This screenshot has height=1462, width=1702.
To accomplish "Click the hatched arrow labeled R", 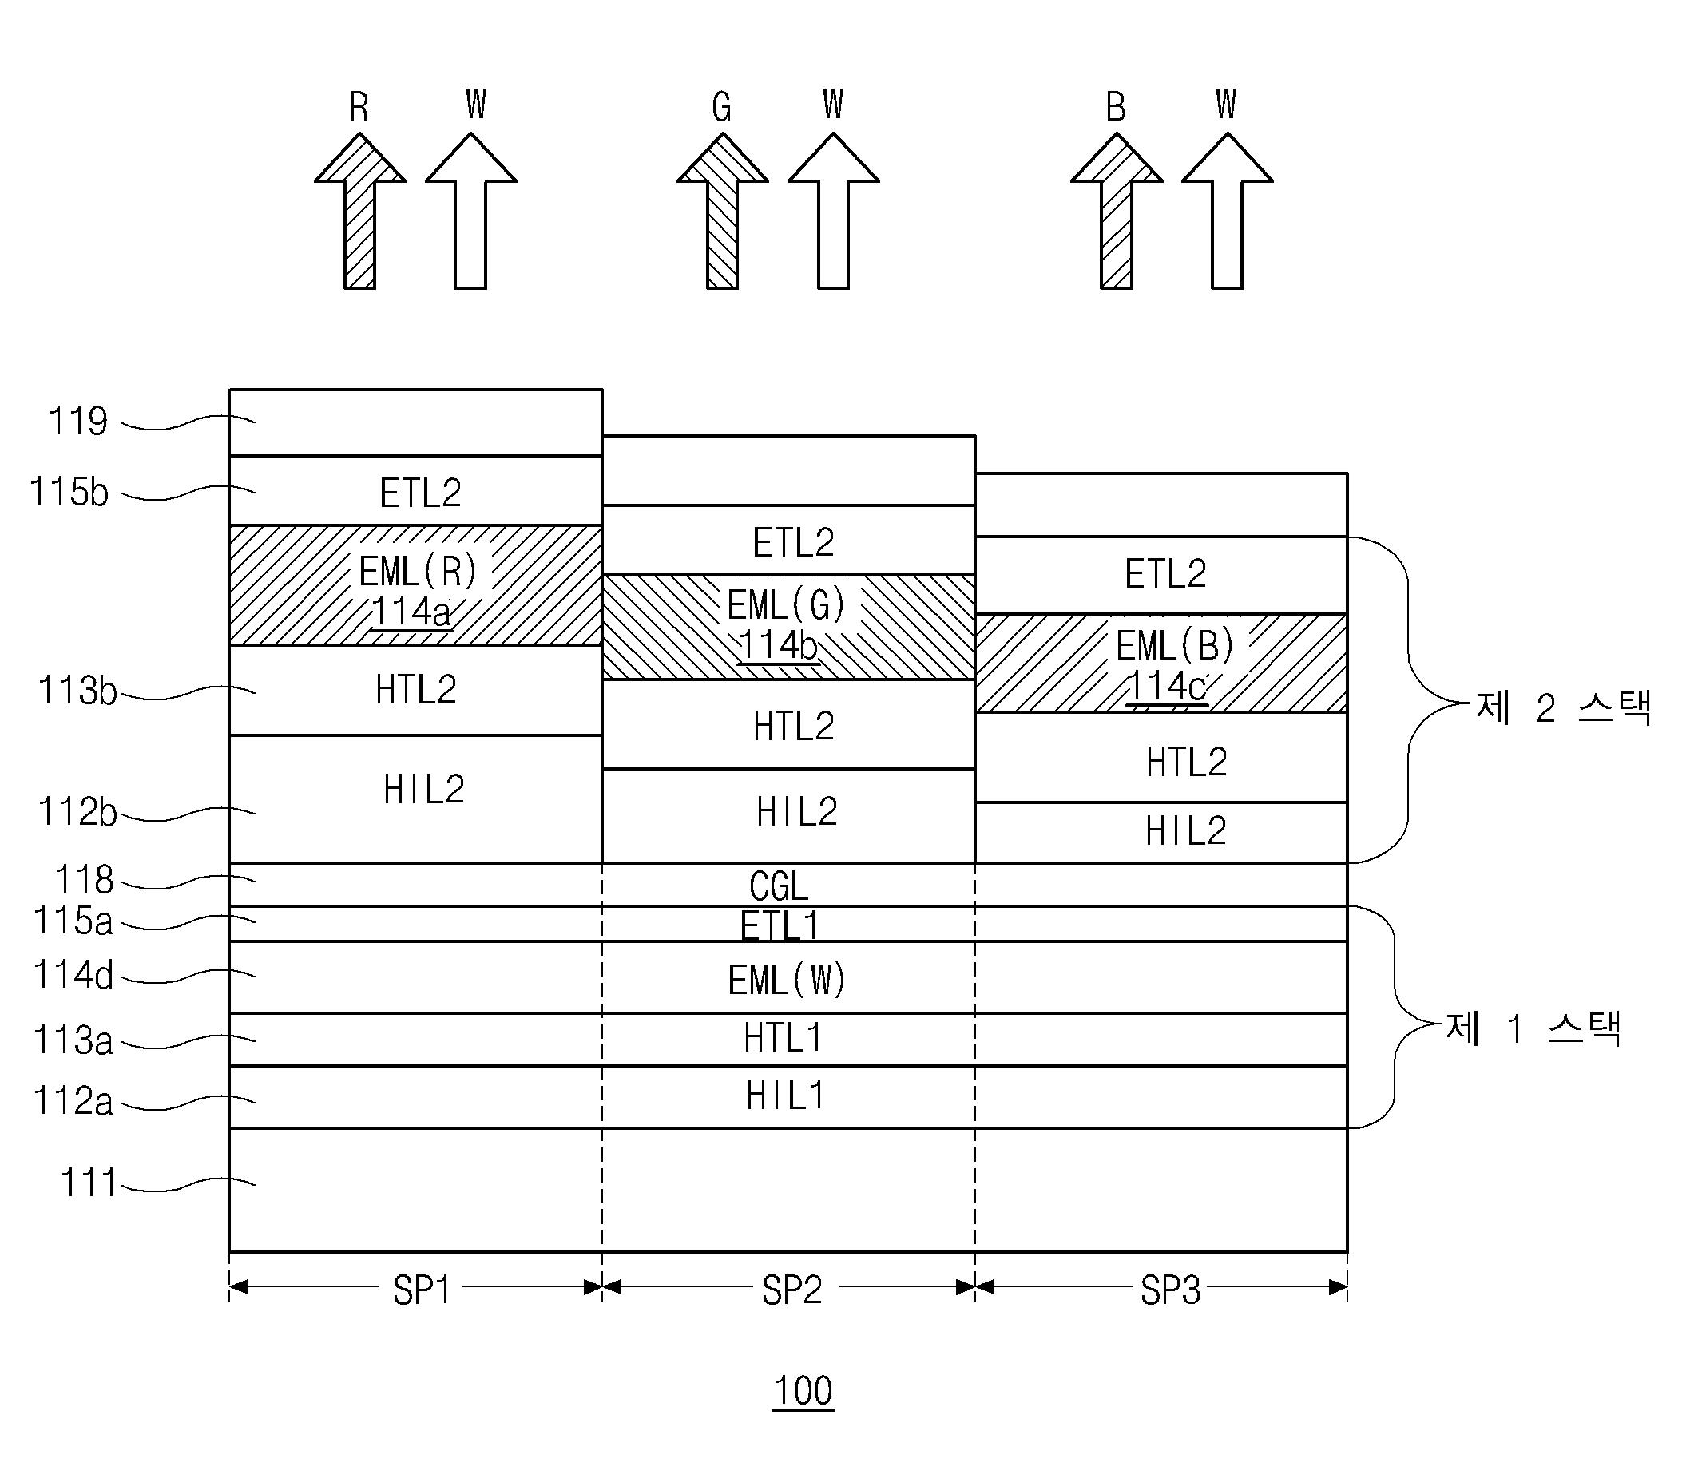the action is tap(359, 212).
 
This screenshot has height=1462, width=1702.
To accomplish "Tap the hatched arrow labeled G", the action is tap(723, 212).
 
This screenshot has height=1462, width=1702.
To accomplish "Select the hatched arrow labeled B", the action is tap(1117, 212).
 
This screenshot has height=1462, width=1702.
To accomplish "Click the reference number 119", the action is tap(78, 422).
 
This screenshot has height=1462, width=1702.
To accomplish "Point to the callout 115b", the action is tap(69, 492).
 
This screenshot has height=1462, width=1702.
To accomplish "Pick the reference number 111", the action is tap(88, 1183).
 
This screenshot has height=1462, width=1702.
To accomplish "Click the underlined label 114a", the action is tap(411, 612).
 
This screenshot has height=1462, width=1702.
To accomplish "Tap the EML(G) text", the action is tap(786, 606).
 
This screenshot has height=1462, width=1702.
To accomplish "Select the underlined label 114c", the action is tap(1166, 687).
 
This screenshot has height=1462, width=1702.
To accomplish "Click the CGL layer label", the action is tap(779, 886).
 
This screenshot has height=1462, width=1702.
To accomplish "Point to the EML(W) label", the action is tap(787, 980).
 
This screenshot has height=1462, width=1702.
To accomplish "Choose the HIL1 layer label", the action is tap(784, 1096).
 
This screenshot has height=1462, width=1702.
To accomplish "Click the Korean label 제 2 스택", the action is tap(1564, 707).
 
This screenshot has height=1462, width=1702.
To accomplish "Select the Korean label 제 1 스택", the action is tap(1533, 1028).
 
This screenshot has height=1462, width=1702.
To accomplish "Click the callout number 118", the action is tap(84, 881).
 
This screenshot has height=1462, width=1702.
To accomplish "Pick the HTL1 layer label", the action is tap(783, 1038).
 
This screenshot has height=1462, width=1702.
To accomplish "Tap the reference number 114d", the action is tap(73, 975).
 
